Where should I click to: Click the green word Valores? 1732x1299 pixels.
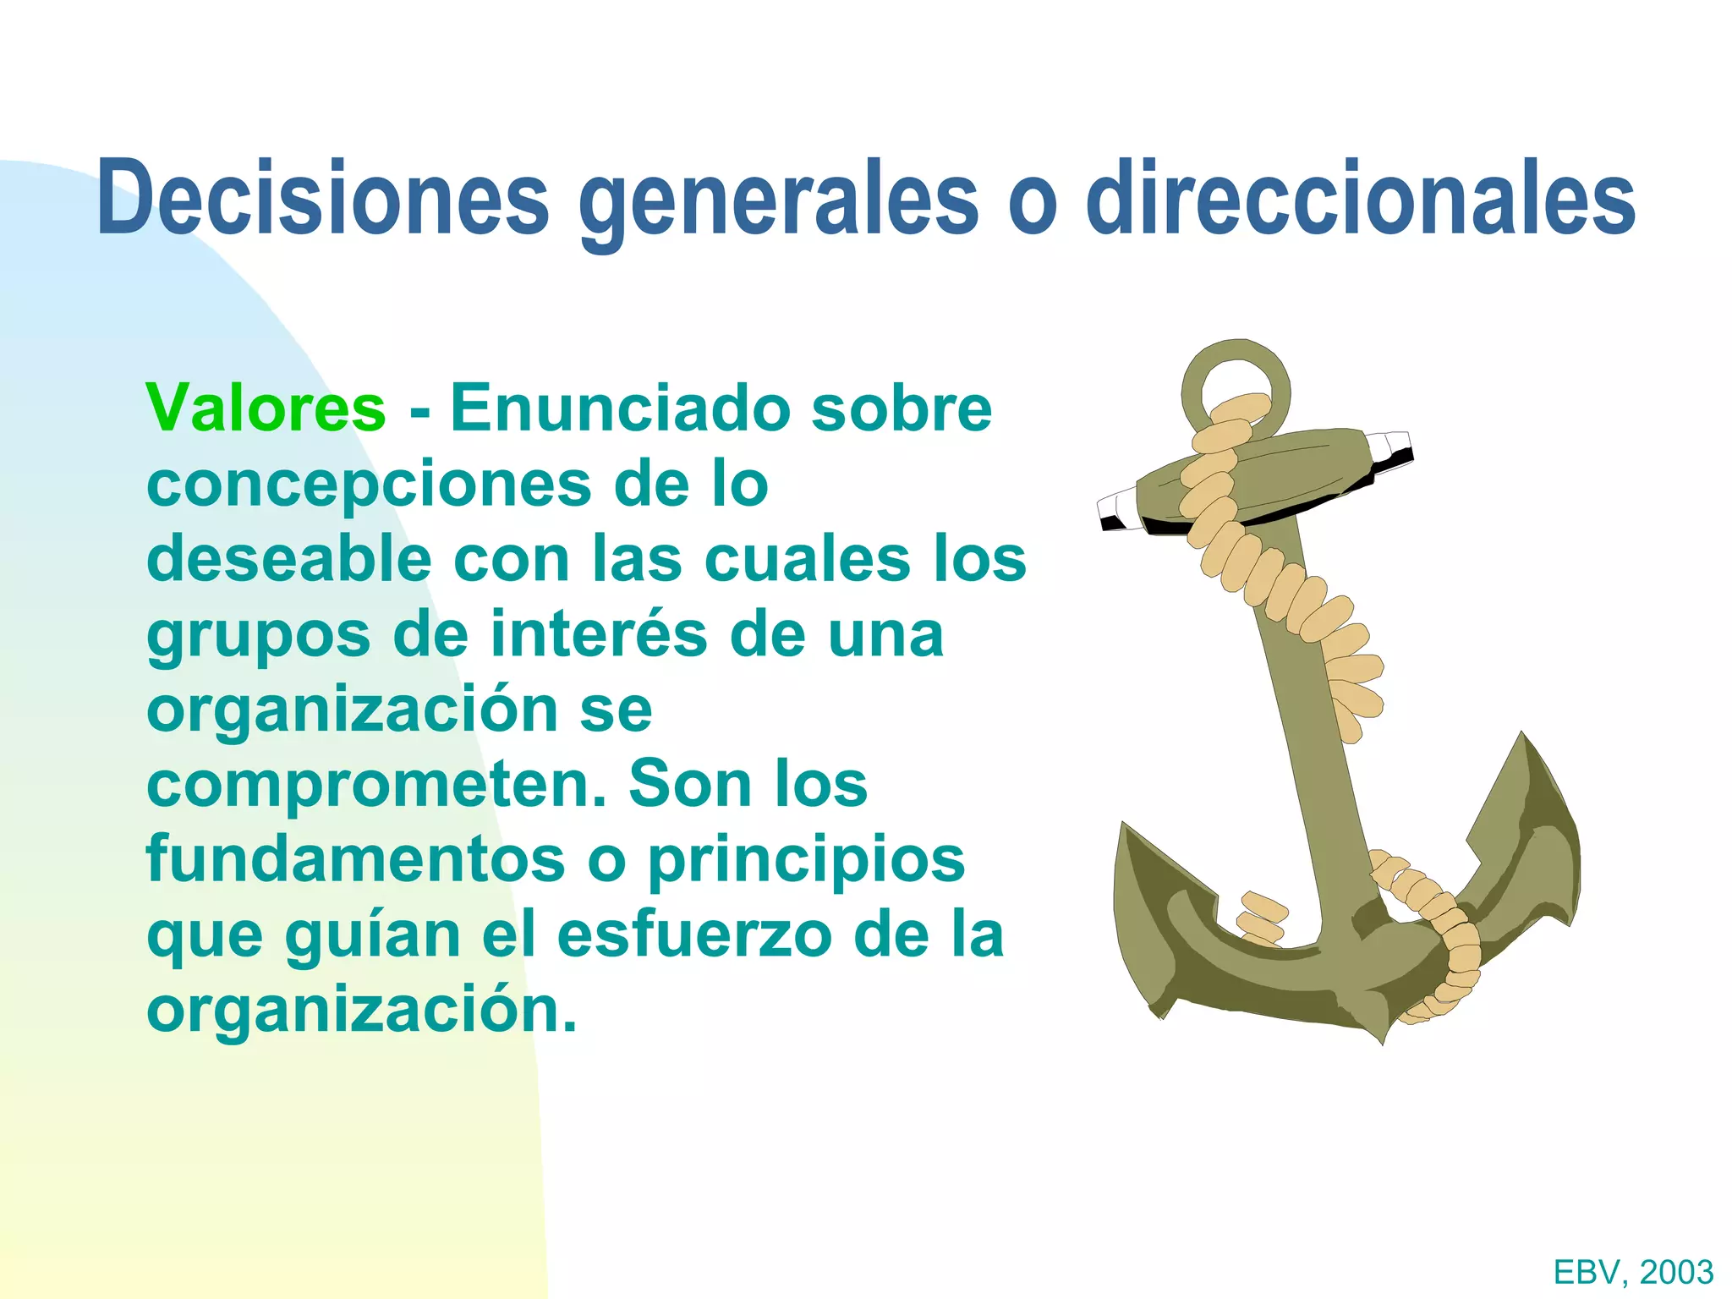point(266,408)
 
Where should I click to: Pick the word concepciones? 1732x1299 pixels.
point(369,485)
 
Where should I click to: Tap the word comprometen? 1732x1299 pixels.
point(377,785)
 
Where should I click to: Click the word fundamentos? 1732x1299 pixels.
point(355,859)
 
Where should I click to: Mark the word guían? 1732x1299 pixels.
point(372,936)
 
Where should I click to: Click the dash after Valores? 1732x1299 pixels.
point(419,412)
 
